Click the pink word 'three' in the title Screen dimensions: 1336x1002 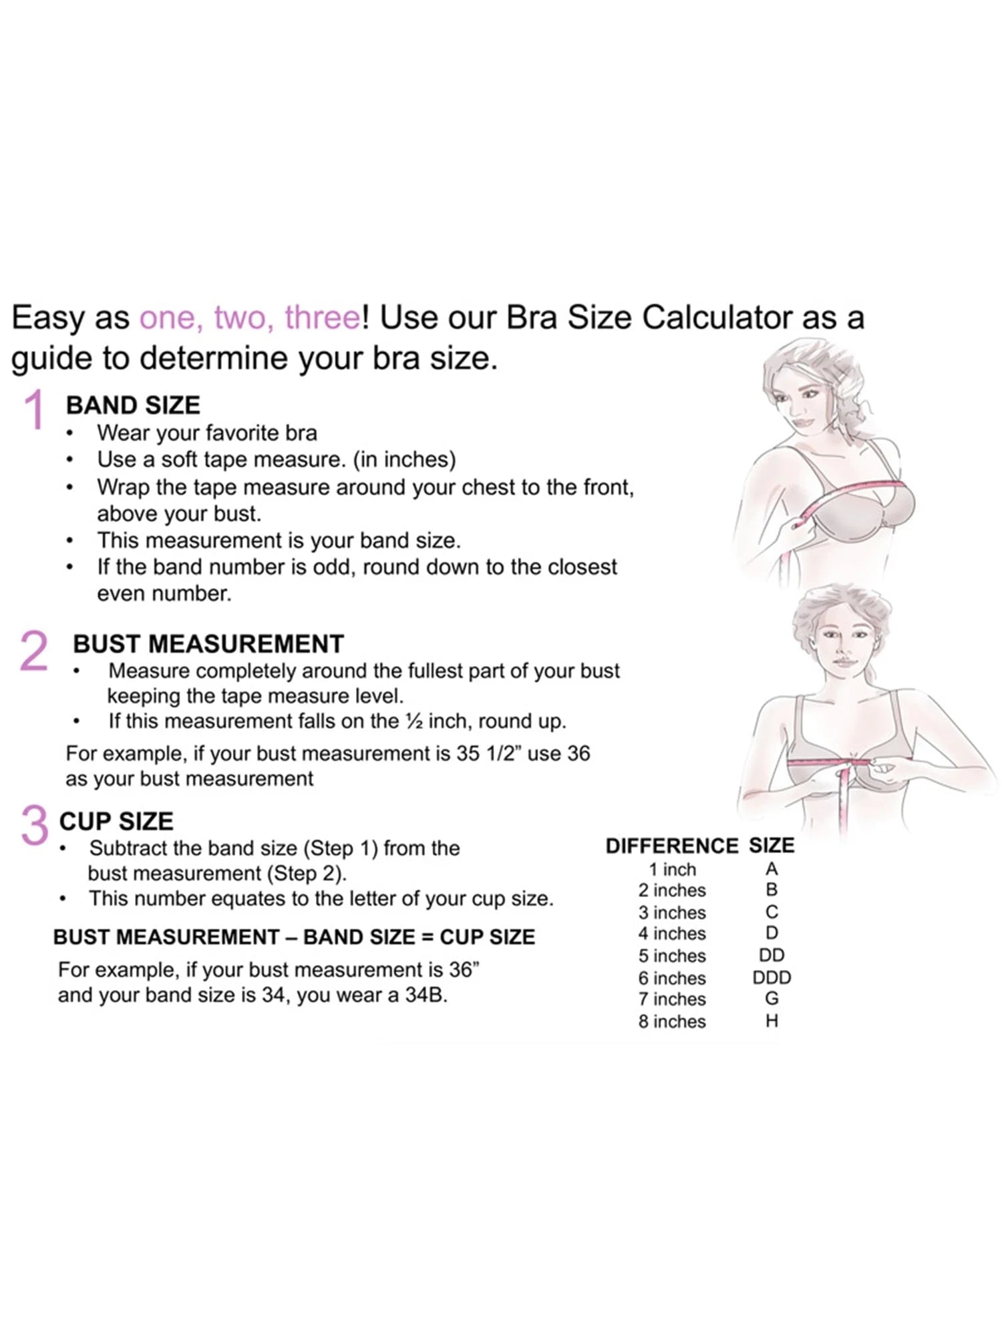323,317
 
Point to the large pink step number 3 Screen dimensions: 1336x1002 35,826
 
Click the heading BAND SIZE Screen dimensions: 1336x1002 133,405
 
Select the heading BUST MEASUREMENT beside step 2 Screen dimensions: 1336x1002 208,644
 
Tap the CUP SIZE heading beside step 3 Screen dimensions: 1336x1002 116,821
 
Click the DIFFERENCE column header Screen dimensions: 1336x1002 671,846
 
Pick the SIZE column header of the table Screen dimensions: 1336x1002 772,846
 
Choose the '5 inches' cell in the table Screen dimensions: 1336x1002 671,956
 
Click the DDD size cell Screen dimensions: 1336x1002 772,978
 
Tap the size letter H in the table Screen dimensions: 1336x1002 772,1021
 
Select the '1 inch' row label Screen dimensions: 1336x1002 672,870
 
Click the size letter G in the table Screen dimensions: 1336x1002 772,999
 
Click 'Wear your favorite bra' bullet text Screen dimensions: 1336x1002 207,433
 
